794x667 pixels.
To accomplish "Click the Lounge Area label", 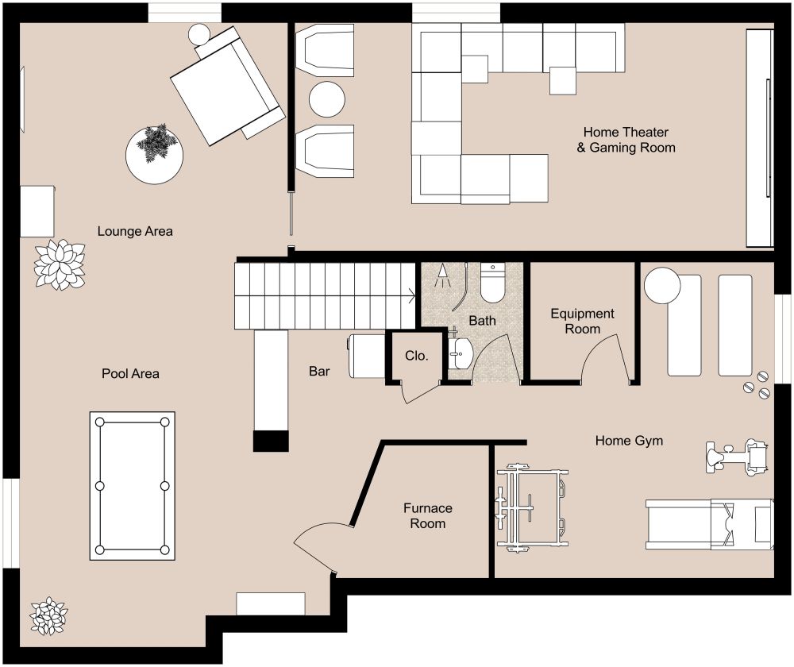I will coord(135,231).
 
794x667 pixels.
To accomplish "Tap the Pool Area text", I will coord(130,373).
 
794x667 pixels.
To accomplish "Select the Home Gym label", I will coord(629,440).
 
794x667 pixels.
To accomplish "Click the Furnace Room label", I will coord(428,515).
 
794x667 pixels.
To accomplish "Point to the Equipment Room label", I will coord(582,322).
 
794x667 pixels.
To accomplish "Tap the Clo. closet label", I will coord(416,357).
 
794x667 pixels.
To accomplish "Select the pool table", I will coord(132,485).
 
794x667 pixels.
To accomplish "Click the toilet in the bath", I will coord(492,284).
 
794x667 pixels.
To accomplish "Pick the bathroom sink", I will coord(460,352).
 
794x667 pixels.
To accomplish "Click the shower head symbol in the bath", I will coord(442,276).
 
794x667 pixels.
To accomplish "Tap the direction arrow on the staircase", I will coord(410,296).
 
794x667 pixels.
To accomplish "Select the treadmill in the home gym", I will coord(708,524).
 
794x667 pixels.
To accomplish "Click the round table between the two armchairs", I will coord(326,100).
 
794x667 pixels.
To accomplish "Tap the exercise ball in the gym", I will coord(662,286).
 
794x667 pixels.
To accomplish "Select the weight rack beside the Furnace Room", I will coord(531,508).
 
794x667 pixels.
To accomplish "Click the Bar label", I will coord(321,371).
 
